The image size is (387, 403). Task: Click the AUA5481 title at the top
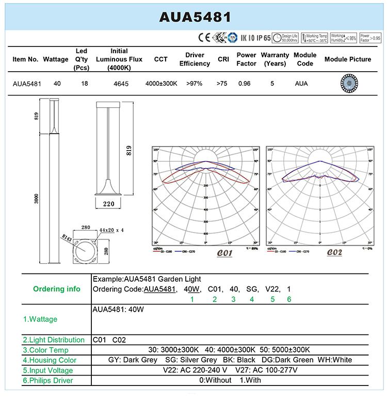point(194,17)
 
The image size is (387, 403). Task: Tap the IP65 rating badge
point(264,38)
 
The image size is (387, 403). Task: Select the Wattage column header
point(56,59)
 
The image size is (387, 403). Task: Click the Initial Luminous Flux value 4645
point(121,84)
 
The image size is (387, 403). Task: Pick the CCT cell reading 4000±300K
point(161,84)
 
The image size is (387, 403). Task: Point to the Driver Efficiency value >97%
point(194,84)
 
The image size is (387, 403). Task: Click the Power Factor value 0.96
point(245,84)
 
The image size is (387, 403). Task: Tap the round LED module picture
point(349,83)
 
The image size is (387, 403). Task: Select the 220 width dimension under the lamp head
point(108,204)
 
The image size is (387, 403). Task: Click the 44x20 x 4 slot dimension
point(111,230)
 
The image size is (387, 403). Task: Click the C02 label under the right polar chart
point(334,253)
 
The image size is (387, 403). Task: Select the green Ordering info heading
point(56,289)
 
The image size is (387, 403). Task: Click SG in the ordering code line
point(252,289)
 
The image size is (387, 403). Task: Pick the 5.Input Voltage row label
point(48,370)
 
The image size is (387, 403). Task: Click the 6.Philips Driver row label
point(48,381)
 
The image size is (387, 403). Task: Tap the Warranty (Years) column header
point(275,59)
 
